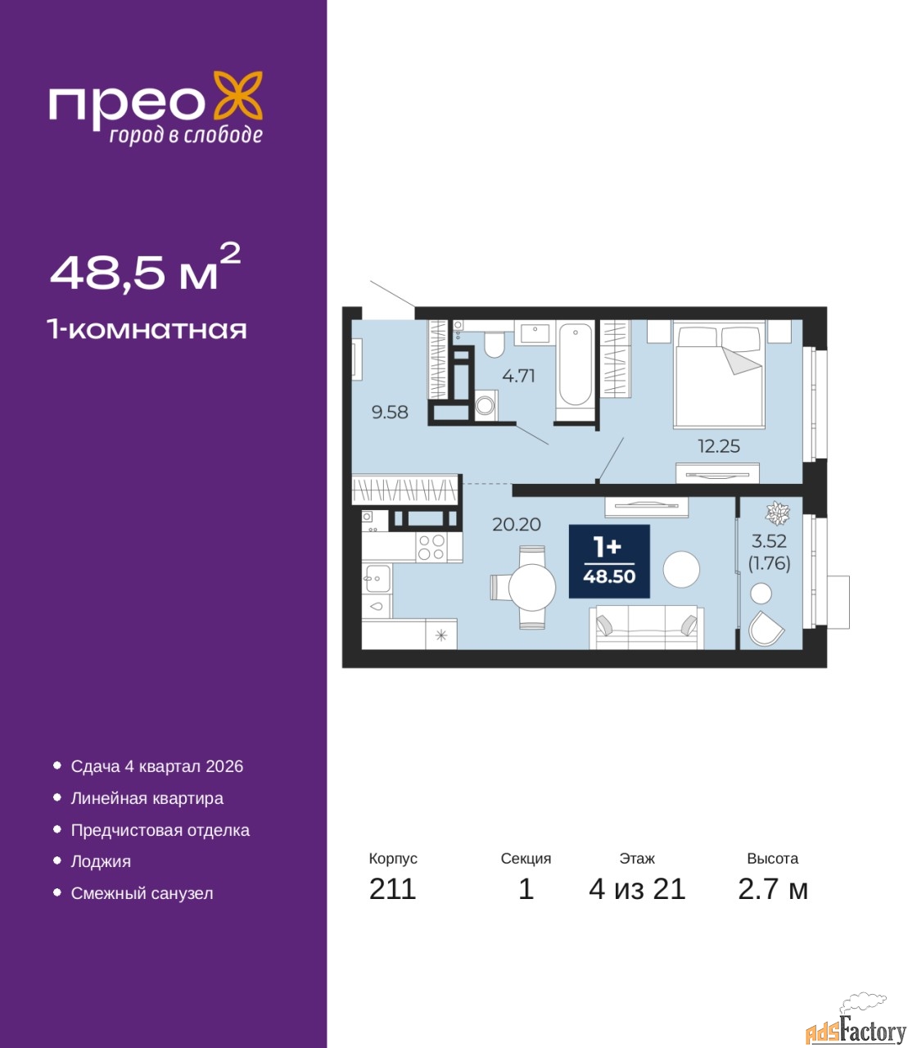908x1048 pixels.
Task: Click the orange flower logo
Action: pyautogui.click(x=237, y=97)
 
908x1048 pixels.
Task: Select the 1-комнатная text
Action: pyautogui.click(x=147, y=330)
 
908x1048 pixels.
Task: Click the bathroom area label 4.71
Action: pyautogui.click(x=518, y=376)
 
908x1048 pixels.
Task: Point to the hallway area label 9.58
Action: pyautogui.click(x=390, y=412)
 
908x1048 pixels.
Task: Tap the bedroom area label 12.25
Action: pyautogui.click(x=719, y=446)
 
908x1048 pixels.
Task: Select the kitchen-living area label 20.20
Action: pyautogui.click(x=517, y=524)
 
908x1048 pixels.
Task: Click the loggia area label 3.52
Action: pyautogui.click(x=769, y=541)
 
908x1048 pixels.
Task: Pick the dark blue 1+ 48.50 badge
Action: pyautogui.click(x=609, y=562)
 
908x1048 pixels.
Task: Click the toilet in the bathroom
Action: pyautogui.click(x=494, y=344)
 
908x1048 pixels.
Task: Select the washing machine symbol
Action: pyautogui.click(x=486, y=405)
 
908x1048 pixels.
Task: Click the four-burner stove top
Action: pyautogui.click(x=432, y=547)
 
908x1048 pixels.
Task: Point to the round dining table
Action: pyautogui.click(x=532, y=588)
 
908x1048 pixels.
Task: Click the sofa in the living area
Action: pyautogui.click(x=646, y=627)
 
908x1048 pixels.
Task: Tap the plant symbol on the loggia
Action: pyautogui.click(x=777, y=513)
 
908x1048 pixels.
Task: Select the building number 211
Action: pyautogui.click(x=392, y=889)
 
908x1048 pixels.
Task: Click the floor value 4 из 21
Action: pyautogui.click(x=637, y=889)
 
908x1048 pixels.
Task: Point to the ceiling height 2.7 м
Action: pyautogui.click(x=773, y=889)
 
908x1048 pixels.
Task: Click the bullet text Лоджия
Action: pyautogui.click(x=101, y=861)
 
